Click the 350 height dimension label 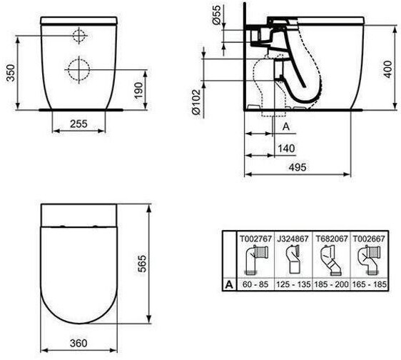(x=11, y=73)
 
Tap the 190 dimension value (x=138, y=91)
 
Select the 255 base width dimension (x=78, y=124)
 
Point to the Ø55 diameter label (x=216, y=15)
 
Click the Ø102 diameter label (x=196, y=102)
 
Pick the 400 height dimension (x=387, y=69)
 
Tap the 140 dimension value (x=286, y=149)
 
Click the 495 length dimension (x=298, y=167)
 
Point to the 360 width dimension (x=78, y=343)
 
